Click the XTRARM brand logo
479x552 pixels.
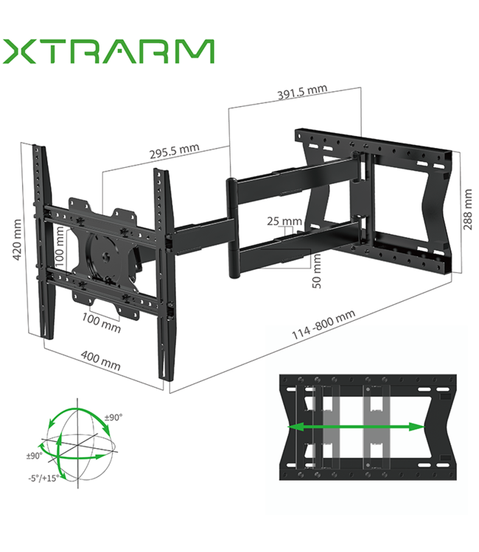pyautogui.click(x=108, y=52)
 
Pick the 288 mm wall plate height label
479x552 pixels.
pyautogui.click(x=467, y=210)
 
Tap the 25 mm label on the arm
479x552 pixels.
pyautogui.click(x=284, y=222)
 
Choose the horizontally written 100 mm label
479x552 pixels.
pyautogui.click(x=101, y=322)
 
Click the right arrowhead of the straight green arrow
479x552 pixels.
pyautogui.click(x=418, y=427)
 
